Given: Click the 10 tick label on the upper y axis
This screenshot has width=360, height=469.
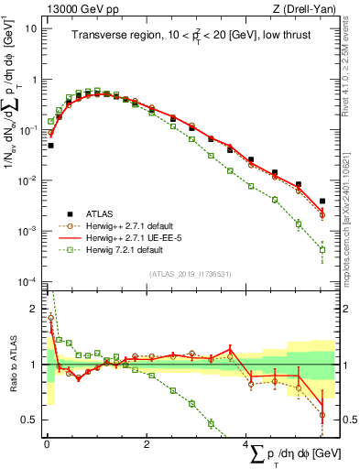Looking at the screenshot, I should (30, 28).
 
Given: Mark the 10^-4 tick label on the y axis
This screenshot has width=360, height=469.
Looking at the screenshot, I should (27, 281).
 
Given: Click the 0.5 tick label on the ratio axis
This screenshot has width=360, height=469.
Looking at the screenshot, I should (28, 420).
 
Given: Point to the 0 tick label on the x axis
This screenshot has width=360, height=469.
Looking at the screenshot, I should (46, 444).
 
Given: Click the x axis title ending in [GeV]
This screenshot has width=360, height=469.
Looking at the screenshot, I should (288, 453).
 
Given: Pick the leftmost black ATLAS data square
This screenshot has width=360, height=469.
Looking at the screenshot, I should (50, 145).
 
